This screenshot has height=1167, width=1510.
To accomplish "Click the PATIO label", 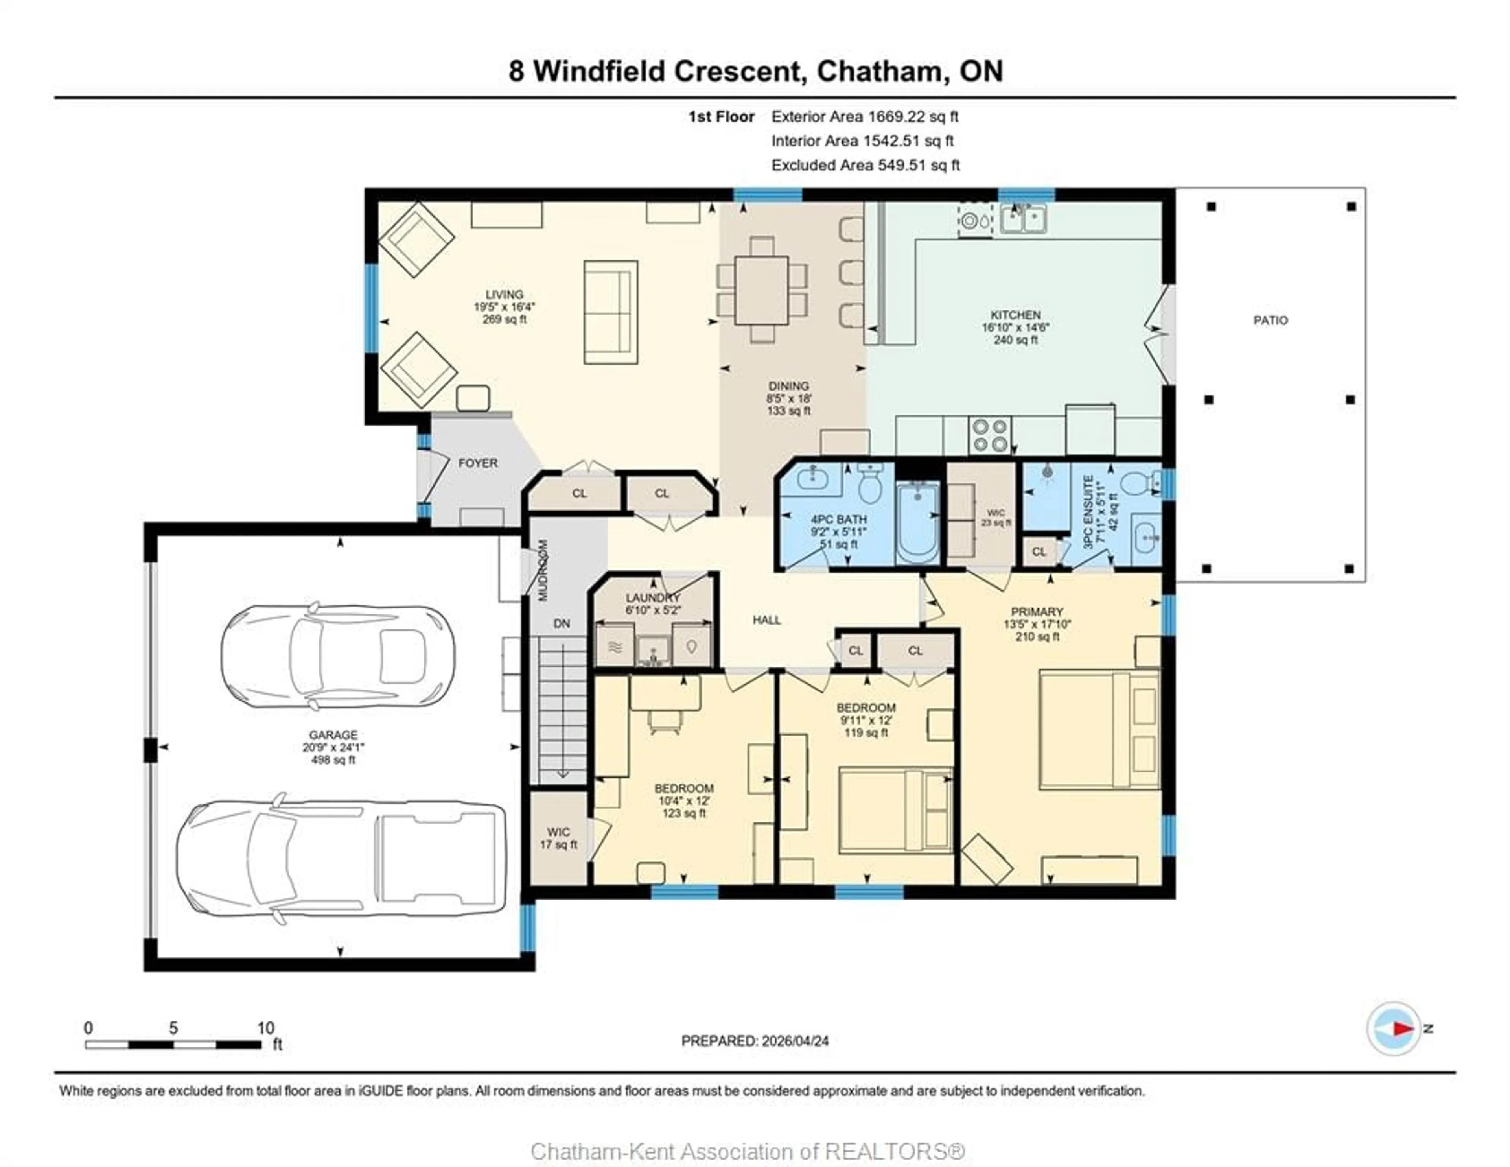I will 1270,320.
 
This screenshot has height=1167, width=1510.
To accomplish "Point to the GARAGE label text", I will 333,735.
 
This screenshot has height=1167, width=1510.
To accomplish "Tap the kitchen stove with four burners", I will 990,435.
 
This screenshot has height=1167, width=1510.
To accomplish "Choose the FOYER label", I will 478,463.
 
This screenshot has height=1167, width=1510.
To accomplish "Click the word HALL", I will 767,620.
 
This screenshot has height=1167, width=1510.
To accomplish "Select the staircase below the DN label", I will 562,709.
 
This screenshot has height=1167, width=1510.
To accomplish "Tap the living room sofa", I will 611,312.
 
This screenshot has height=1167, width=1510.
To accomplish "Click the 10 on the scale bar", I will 265,1028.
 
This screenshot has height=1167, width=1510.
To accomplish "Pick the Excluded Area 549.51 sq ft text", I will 865,165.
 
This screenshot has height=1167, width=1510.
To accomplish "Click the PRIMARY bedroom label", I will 1037,612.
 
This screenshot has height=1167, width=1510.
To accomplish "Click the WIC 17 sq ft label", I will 558,838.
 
